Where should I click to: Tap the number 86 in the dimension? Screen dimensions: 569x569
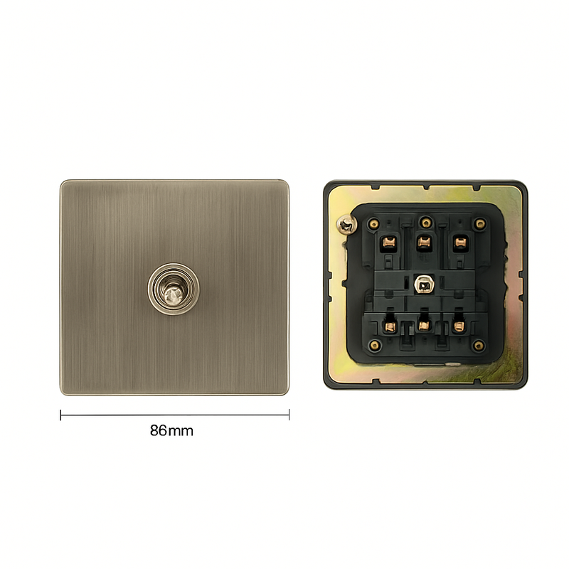pyautogui.click(x=159, y=430)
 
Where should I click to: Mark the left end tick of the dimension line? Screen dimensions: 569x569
pyautogui.click(x=60, y=415)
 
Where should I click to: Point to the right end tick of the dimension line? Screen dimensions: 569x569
pyautogui.click(x=289, y=415)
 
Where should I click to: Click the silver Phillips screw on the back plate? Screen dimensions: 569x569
pyautogui.click(x=346, y=225)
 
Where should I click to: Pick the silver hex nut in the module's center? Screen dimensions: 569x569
pyautogui.click(x=425, y=286)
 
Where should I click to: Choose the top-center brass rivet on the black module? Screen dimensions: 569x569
pyautogui.click(x=425, y=221)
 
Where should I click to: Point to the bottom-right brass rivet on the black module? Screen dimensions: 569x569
pyautogui.click(x=479, y=346)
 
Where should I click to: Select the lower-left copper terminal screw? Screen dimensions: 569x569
pyautogui.click(x=390, y=326)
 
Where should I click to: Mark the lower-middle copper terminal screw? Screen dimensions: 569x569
pyautogui.click(x=425, y=326)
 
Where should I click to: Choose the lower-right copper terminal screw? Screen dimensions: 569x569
pyautogui.click(x=459, y=326)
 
